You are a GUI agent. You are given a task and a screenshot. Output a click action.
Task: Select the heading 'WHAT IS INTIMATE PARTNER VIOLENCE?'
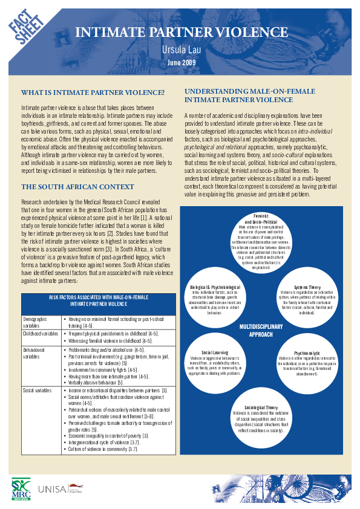coord(93,92)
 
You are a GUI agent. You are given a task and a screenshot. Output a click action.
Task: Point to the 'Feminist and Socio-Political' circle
coord(261,243)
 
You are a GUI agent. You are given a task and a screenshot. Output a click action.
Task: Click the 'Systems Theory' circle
coord(307,299)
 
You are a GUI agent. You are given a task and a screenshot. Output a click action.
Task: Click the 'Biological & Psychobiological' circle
coord(215,299)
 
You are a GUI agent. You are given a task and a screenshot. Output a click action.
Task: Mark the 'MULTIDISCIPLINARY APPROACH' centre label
coord(261,329)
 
